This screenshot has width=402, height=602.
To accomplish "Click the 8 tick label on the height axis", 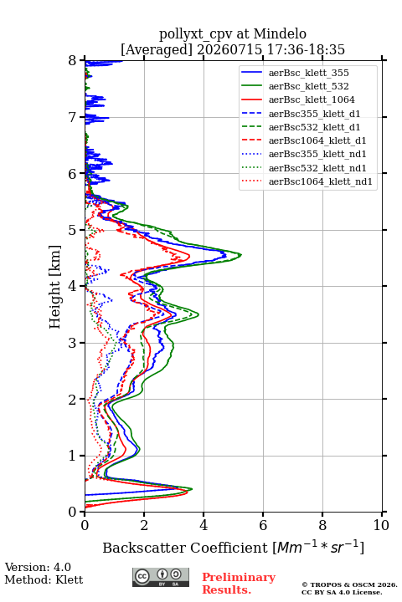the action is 73,60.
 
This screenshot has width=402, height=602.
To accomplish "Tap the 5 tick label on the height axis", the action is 73,230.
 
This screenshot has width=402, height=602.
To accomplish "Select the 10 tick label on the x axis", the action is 381,525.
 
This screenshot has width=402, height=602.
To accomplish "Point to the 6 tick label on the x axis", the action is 263,525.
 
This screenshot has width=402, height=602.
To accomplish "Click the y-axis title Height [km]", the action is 55,287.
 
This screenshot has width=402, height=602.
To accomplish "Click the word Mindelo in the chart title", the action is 280,33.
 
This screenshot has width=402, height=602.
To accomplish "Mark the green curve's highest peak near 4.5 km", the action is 241,254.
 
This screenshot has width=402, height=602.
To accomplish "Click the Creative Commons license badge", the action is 161,577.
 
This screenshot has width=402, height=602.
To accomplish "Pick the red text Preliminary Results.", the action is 239,584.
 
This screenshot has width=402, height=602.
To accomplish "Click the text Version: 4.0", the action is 38,567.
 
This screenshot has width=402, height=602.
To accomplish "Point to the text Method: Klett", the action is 44,579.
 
